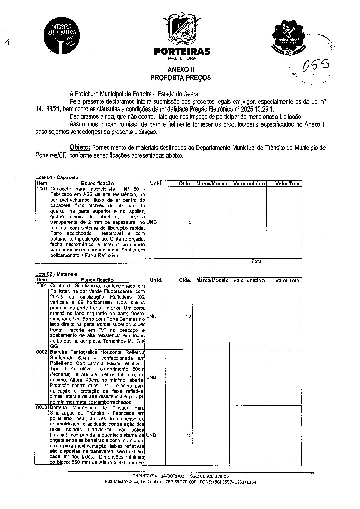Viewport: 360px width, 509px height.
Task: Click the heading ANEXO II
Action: point(181,69)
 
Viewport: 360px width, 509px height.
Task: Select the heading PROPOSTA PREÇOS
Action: point(181,78)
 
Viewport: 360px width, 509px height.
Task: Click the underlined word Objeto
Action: point(80,148)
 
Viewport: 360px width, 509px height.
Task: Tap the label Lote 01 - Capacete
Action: point(57,177)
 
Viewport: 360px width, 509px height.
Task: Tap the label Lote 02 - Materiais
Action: point(57,274)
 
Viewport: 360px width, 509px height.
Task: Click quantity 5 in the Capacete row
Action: point(190,222)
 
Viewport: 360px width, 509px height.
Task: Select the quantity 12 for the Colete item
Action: point(188,316)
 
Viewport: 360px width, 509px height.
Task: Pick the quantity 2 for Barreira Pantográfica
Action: point(190,377)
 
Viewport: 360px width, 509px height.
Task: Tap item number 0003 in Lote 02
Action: point(42,408)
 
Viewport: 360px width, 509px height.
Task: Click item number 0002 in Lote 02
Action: point(42,352)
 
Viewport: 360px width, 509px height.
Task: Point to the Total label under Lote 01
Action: point(258,261)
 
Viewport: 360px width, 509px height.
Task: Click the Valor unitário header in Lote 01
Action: point(249,184)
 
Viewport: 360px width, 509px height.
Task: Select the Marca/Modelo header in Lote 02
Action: point(212,280)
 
